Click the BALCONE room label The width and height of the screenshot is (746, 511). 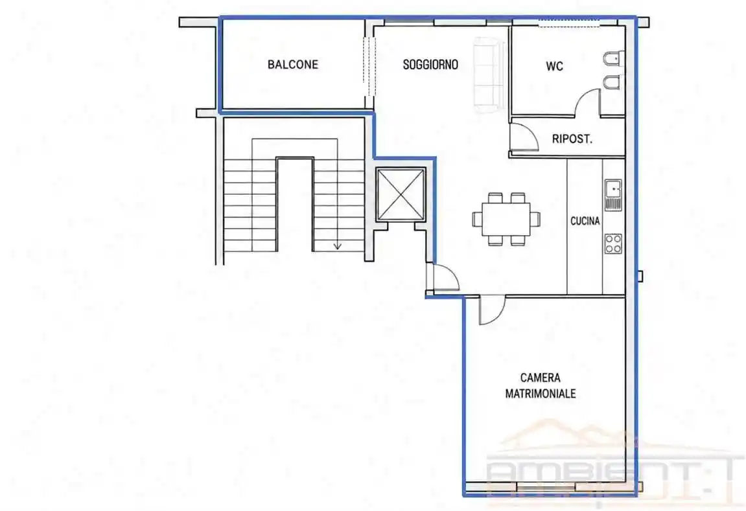coord(292,64)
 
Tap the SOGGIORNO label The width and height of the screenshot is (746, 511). coord(430,64)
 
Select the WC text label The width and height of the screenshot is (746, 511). coord(554,65)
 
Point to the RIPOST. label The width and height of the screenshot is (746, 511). coord(572,139)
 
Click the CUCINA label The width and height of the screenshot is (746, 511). coord(585,221)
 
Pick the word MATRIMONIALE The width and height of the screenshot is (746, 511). coord(540,394)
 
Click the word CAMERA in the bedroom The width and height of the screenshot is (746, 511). coord(540,378)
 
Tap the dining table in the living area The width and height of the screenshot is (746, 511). coord(506,219)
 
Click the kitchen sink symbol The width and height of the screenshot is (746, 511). coord(612,195)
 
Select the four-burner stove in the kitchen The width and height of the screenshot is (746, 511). coord(612,244)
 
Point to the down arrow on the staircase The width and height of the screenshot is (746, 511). coord(337,245)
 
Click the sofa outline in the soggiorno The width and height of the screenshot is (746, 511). coord(489,75)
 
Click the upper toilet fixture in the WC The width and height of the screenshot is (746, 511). coord(612,60)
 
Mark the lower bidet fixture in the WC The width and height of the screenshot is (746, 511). coord(612,82)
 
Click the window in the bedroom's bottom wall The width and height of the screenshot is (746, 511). coord(546,487)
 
